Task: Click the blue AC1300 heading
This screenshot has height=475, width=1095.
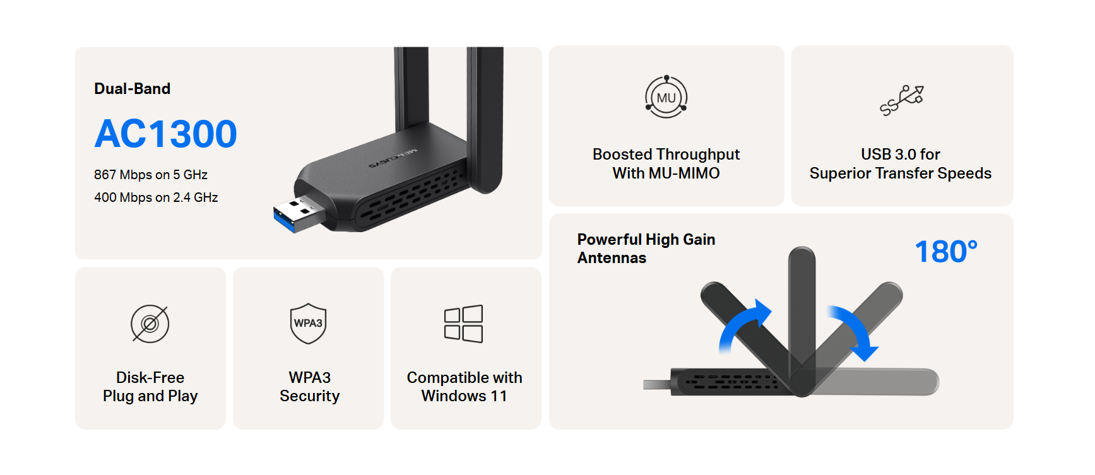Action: click(x=165, y=134)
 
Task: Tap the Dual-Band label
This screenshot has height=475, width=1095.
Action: click(x=132, y=89)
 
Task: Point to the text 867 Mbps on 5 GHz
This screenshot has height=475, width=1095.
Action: click(x=151, y=175)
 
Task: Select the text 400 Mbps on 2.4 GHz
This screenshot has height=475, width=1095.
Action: click(x=156, y=197)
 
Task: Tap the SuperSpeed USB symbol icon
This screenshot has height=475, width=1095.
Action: click(x=902, y=100)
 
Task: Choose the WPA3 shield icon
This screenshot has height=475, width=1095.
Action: click(x=308, y=324)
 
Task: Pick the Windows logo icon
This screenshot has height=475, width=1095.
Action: click(x=463, y=324)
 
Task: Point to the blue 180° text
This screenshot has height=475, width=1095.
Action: click(x=946, y=252)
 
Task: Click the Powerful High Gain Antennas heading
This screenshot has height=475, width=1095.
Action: click(x=646, y=249)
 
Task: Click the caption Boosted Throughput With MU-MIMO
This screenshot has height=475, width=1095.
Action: click(x=666, y=163)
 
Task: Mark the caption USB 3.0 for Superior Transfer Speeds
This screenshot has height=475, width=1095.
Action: click(x=901, y=163)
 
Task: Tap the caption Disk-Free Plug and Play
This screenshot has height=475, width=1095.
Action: click(x=150, y=387)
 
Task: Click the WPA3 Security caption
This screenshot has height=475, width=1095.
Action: click(x=309, y=387)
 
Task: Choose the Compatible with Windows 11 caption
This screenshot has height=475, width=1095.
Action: click(x=465, y=387)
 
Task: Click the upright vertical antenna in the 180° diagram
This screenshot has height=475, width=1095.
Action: click(x=802, y=315)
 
